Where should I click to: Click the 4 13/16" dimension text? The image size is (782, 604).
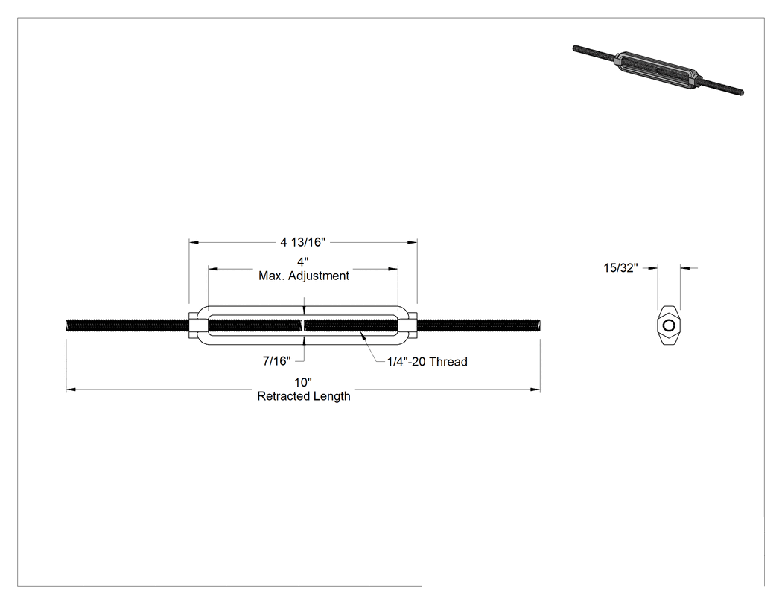point(302,242)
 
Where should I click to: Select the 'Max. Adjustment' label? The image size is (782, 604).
point(304,276)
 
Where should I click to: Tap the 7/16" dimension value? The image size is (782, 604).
point(277,360)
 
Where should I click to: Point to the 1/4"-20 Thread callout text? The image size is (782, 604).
point(427,362)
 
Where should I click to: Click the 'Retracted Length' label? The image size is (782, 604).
point(304,396)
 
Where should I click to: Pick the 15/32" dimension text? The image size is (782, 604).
point(620,268)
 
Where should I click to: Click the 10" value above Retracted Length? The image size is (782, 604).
point(302,383)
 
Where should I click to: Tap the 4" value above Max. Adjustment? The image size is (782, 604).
point(302,262)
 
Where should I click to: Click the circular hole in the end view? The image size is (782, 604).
point(669,325)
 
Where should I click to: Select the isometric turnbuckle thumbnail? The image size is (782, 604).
point(658,70)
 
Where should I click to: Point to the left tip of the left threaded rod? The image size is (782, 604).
point(66,325)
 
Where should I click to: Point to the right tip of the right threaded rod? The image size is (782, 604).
point(540,325)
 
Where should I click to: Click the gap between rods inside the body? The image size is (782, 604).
point(303,325)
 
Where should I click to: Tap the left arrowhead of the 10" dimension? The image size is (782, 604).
point(71,390)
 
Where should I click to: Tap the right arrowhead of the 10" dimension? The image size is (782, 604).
point(535,390)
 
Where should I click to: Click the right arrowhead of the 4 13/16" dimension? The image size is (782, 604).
point(413,242)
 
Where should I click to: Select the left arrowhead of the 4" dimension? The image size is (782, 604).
point(214,269)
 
